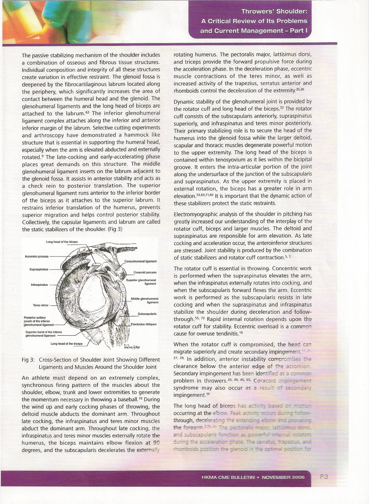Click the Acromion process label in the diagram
[x=37, y=257]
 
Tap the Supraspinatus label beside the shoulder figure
[x=39, y=269]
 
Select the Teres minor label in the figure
[x=41, y=305]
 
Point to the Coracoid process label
[x=145, y=272]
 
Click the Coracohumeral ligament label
[x=141, y=261]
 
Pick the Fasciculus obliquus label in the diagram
[x=144, y=324]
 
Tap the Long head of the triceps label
[x=67, y=344]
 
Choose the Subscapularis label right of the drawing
[x=147, y=314]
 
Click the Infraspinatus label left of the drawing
[x=39, y=285]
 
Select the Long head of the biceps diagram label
[x=62, y=242]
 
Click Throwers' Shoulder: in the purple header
[x=274, y=11]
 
